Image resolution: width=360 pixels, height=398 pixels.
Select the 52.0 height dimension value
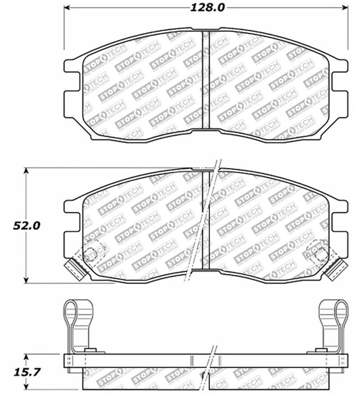coord(27,225)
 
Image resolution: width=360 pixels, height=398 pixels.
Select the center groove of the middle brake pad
coord(206,221)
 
